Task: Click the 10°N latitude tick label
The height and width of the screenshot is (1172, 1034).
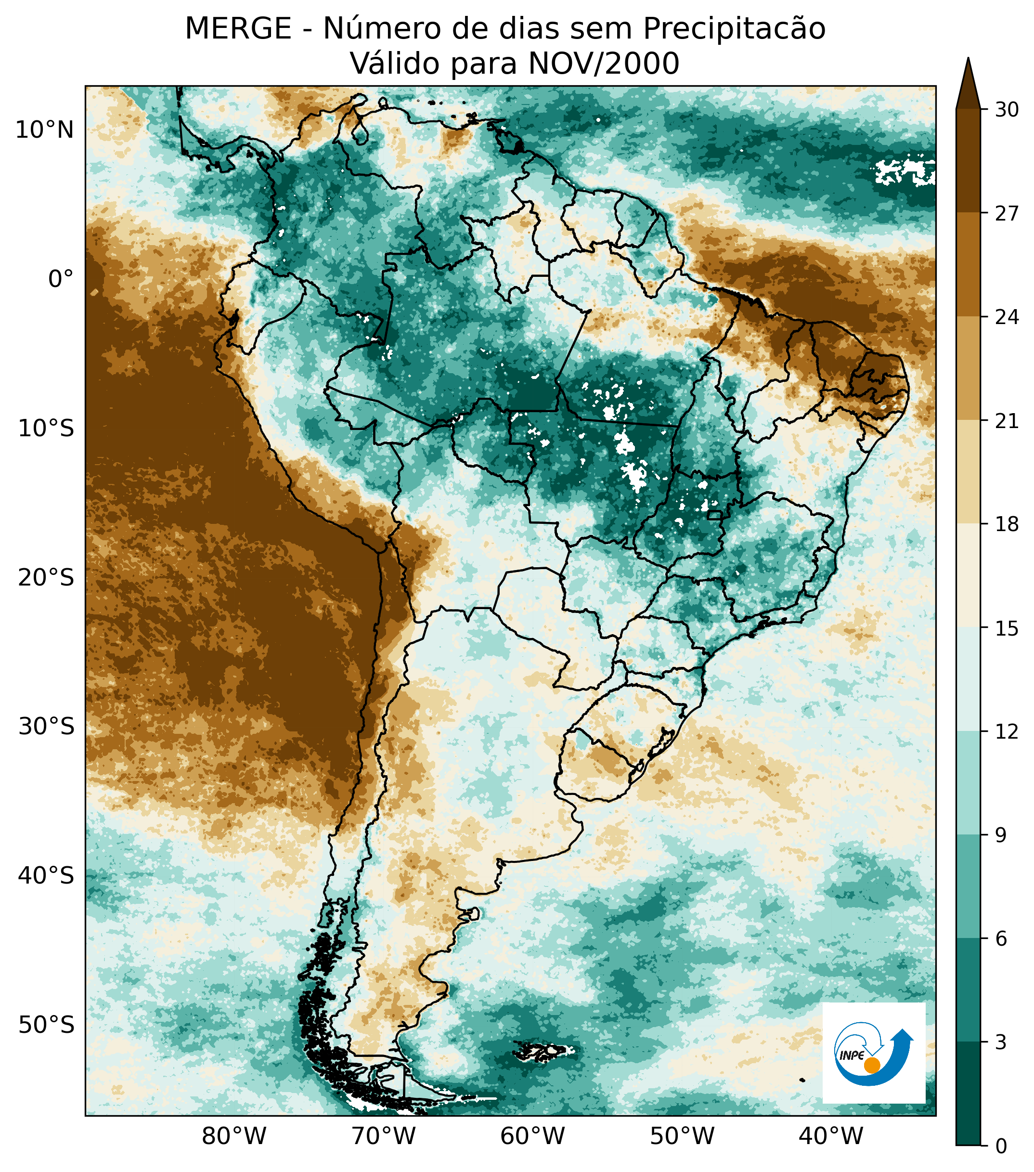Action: click(45, 131)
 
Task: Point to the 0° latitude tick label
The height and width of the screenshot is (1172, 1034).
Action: click(61, 280)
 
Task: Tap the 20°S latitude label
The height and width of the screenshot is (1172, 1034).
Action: click(46, 578)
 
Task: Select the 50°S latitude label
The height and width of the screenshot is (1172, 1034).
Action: click(46, 1025)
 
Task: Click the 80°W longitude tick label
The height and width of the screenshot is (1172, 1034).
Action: click(234, 1136)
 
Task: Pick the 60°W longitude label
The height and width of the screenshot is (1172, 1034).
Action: click(532, 1136)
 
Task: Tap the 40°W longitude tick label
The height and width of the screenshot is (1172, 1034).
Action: click(830, 1136)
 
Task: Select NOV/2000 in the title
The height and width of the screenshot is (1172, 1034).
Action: click(604, 64)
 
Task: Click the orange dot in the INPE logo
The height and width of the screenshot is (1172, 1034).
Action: click(872, 1066)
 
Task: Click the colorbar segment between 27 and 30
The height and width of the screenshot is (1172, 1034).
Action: click(968, 160)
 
